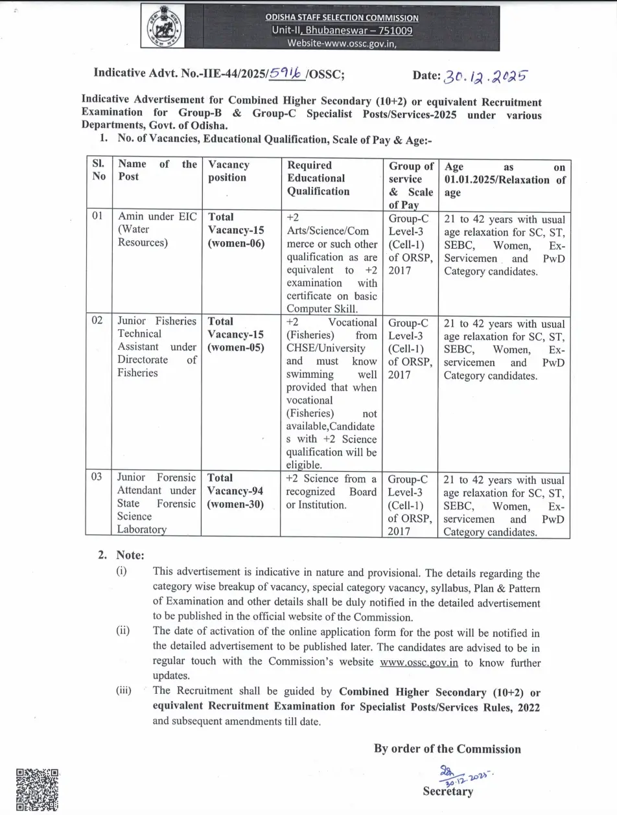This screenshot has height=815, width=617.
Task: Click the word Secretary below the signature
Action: pyautogui.click(x=448, y=791)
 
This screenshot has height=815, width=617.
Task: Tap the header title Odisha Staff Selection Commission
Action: pyautogui.click(x=341, y=17)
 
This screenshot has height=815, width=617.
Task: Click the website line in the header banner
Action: pyautogui.click(x=341, y=43)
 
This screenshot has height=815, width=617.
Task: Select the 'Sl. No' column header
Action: pyautogui.click(x=99, y=170)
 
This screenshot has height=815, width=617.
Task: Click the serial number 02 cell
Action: pyautogui.click(x=97, y=321)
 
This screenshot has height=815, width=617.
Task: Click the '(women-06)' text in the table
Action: pyautogui.click(x=236, y=244)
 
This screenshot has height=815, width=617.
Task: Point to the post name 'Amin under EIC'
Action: pyautogui.click(x=156, y=216)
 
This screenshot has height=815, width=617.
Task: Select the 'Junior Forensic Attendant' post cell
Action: pyautogui.click(x=156, y=503)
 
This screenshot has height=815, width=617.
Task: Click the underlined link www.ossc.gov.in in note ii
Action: pyautogui.click(x=419, y=661)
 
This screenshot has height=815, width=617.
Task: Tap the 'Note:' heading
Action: pyautogui.click(x=130, y=555)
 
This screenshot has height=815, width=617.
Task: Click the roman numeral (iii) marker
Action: pyautogui.click(x=123, y=691)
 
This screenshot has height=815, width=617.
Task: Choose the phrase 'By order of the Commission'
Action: pyautogui.click(x=447, y=749)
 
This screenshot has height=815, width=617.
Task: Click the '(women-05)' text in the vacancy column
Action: pyautogui.click(x=236, y=347)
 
